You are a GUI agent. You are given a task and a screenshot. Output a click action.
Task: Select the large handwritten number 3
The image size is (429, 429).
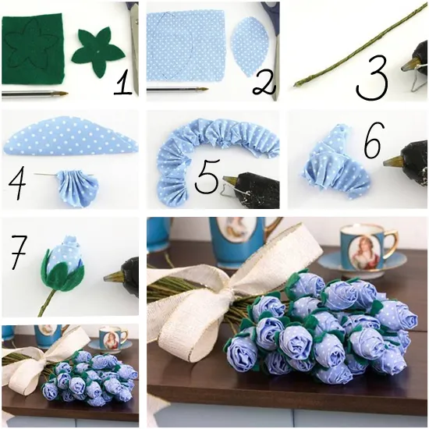point(372,77)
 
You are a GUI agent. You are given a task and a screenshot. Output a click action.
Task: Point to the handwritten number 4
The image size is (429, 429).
point(17,183)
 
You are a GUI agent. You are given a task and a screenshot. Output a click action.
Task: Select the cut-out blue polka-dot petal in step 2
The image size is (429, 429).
point(249,47)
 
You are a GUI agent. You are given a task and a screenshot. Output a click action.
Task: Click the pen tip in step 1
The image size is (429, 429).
point(63,94)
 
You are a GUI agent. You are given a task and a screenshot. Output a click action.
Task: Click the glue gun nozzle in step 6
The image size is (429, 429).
point(392,163)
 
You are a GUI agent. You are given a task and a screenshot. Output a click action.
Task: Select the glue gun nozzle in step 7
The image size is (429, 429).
point(113,277)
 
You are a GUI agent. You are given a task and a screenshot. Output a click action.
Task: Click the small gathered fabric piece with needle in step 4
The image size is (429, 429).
point(78,188)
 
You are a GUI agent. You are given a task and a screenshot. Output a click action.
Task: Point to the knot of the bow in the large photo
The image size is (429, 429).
point(231,295)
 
